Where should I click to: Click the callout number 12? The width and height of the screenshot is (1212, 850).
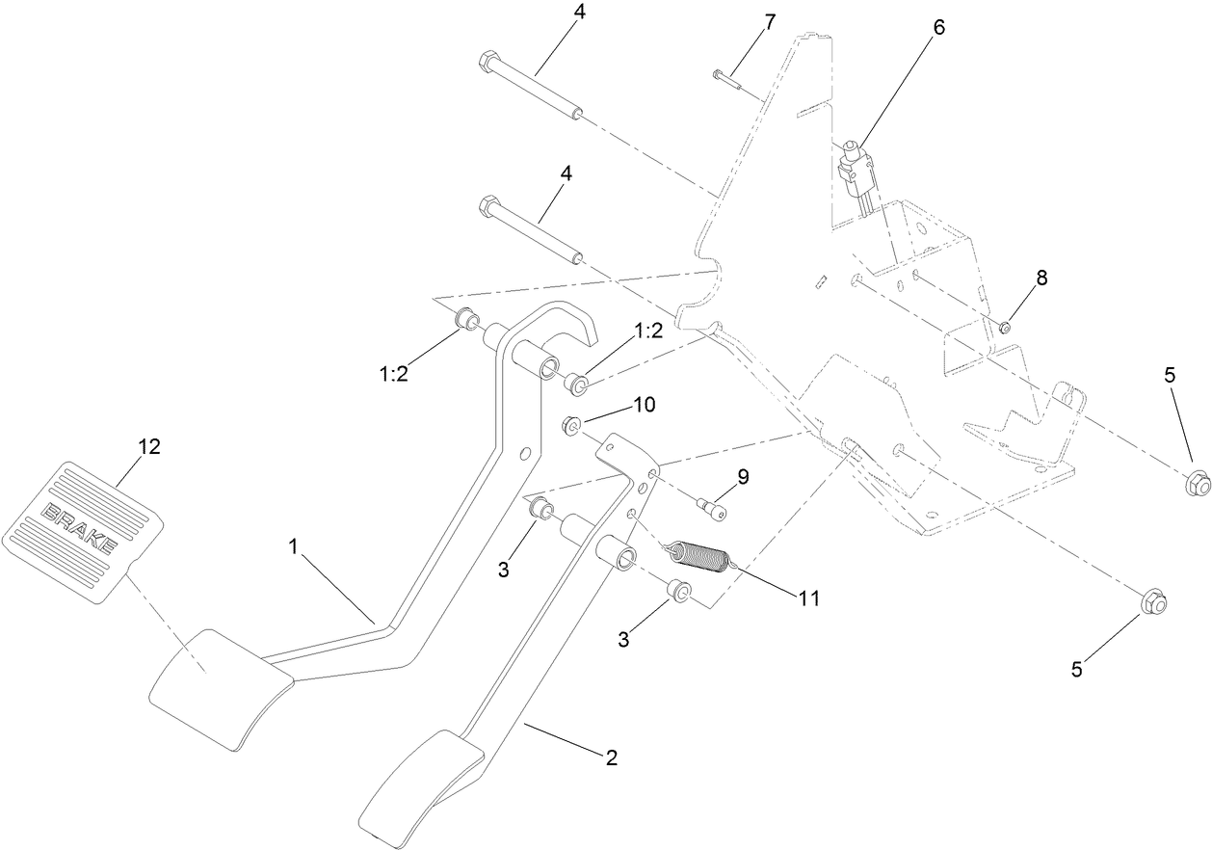(148, 446)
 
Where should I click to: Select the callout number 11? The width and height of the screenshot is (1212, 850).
(807, 598)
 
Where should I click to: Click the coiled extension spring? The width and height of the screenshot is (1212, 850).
(702, 557)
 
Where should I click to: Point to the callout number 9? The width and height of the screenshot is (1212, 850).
(743, 476)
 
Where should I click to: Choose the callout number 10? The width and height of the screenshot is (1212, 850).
(644, 405)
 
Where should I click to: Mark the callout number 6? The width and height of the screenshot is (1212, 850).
(938, 27)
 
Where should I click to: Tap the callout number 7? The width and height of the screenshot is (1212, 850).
(768, 23)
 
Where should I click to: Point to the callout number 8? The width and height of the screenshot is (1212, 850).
(1041, 278)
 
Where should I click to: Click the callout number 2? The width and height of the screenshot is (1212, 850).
(611, 757)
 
